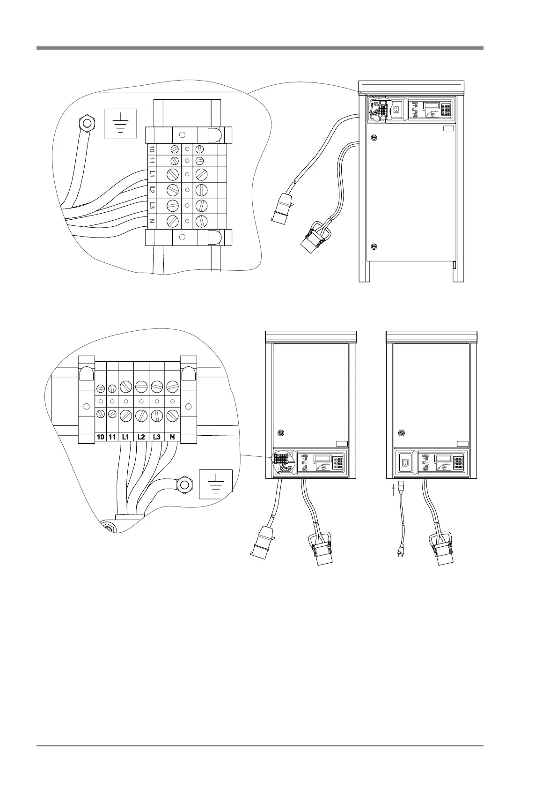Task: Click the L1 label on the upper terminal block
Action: point(152,174)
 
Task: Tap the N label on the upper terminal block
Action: point(152,221)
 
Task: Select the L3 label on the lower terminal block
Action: point(157,437)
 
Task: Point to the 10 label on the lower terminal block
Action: point(100,437)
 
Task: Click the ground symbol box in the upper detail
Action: point(120,123)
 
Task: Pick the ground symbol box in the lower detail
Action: point(216,483)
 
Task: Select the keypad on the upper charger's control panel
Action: point(445,110)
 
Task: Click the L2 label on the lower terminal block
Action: point(141,437)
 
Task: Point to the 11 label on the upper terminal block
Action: point(152,161)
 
